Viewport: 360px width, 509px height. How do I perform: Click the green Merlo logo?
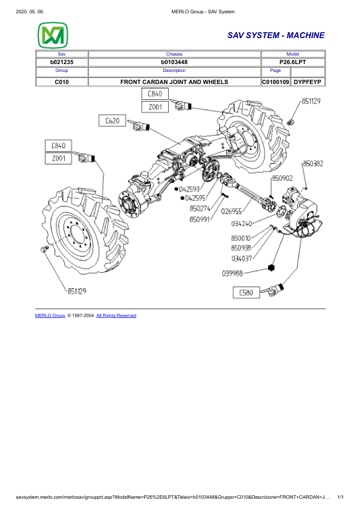tap(53, 36)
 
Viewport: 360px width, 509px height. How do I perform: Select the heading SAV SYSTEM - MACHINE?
tap(276, 36)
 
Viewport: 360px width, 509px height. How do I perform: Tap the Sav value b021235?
tap(61, 62)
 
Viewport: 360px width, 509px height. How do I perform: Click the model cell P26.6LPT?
tap(293, 62)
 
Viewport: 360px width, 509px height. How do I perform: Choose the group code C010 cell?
tap(61, 81)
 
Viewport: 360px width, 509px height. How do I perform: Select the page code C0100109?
tap(276, 81)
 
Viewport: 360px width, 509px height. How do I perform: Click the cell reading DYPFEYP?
tap(309, 81)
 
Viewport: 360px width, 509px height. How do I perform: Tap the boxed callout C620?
tap(113, 121)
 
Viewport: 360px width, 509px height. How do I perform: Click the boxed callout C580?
tap(247, 293)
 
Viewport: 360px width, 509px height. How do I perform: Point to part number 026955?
tap(232, 212)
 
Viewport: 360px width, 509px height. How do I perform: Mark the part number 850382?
tap(313, 163)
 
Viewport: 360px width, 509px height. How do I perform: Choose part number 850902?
tap(283, 178)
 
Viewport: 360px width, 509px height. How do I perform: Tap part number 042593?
tap(189, 189)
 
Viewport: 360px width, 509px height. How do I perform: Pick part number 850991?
tap(200, 219)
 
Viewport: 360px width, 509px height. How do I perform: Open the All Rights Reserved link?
tap(116, 316)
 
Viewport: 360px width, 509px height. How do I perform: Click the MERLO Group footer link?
tap(50, 316)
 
